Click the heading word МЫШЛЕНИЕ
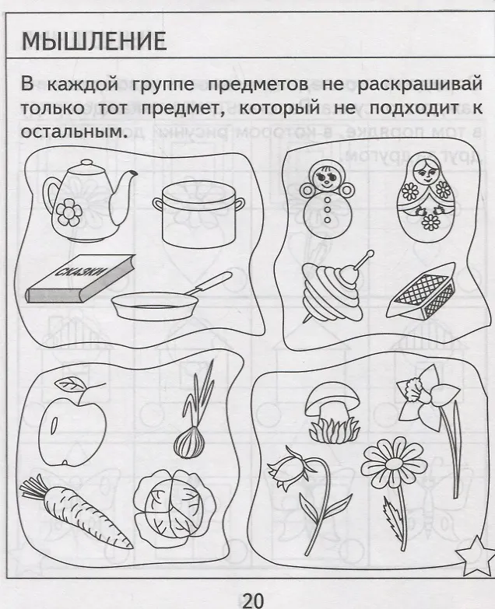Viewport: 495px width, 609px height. pyautogui.click(x=93, y=41)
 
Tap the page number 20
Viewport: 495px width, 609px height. pyautogui.click(x=253, y=600)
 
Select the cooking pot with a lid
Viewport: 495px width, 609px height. pyautogui.click(x=198, y=214)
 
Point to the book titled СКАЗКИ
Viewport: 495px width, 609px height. pyautogui.click(x=81, y=279)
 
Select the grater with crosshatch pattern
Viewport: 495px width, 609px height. pyautogui.click(x=423, y=292)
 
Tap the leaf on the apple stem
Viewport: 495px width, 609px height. pyautogui.click(x=71, y=384)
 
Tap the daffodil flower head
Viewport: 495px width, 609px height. pyautogui.click(x=428, y=395)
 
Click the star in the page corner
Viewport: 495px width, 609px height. pyautogui.click(x=475, y=556)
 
